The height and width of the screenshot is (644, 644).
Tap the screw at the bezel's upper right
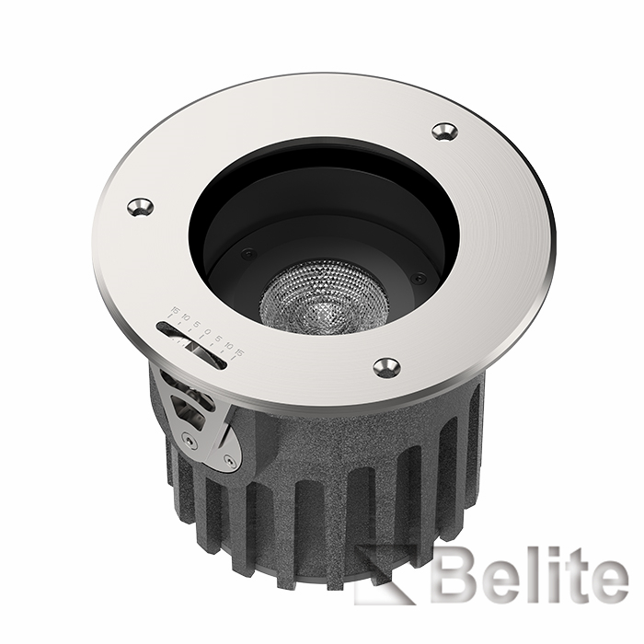pos(444,132)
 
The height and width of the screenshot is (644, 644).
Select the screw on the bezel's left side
pos(140,207)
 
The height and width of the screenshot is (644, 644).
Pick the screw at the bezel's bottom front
pos(386,367)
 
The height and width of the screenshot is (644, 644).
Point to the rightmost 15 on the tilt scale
pos(239,352)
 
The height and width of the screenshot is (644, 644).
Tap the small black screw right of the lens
pos(419,277)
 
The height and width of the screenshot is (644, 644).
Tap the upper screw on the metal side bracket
pos(190,442)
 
